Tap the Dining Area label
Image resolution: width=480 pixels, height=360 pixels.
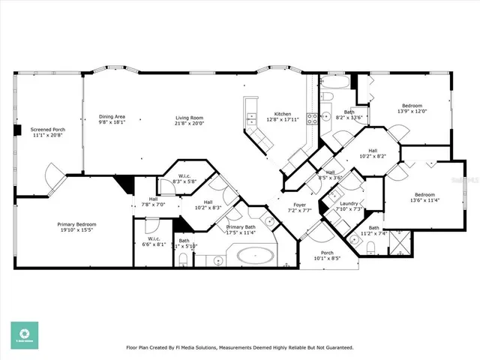tap(112, 116)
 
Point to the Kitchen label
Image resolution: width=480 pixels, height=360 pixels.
tap(282, 113)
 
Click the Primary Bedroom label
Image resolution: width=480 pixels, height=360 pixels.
tap(77, 223)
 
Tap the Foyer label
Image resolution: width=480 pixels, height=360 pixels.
tap(299, 204)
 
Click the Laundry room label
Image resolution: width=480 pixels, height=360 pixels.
tap(350, 204)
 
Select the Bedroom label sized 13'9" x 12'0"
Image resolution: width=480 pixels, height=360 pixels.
tap(412, 106)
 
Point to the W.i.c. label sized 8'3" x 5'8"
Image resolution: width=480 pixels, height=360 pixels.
tap(184, 176)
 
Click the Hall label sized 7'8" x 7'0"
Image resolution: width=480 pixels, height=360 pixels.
tap(153, 199)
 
